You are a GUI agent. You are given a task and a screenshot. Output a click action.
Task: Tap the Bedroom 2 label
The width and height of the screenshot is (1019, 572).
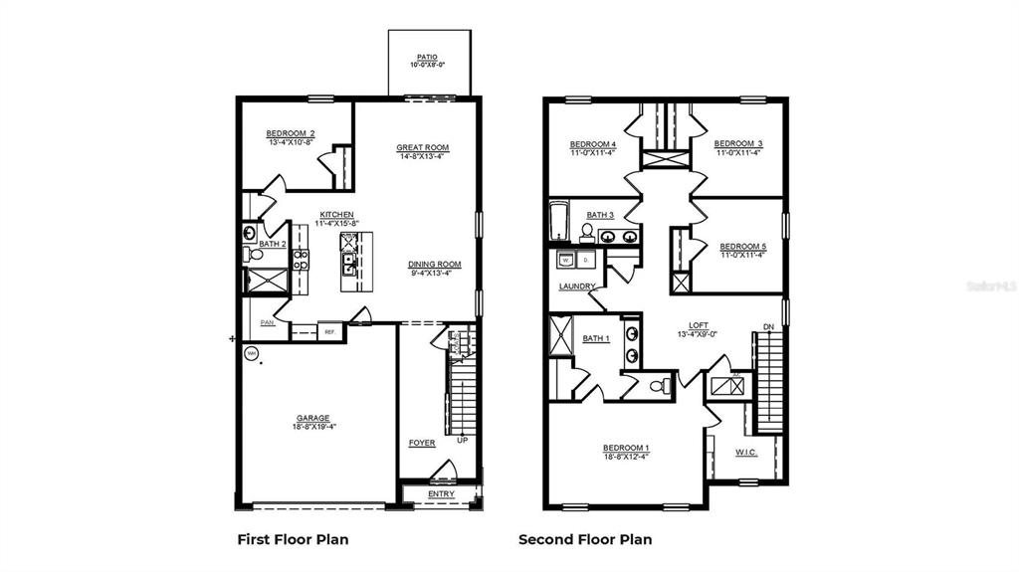click(291, 134)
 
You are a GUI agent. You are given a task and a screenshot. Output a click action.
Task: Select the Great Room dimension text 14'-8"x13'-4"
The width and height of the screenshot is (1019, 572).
click(422, 156)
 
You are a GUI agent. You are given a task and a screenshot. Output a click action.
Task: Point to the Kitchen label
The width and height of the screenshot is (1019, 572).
click(336, 215)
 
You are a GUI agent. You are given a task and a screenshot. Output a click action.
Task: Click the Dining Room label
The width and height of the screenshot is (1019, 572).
click(430, 264)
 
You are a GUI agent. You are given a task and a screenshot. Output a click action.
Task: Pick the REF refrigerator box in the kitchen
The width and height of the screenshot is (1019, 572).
click(329, 332)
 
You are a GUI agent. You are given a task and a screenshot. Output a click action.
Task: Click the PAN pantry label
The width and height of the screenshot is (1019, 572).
click(267, 322)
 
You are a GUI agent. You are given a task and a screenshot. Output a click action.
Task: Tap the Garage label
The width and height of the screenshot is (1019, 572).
click(312, 419)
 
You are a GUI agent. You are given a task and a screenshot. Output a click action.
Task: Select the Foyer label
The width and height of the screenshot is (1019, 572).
click(422, 443)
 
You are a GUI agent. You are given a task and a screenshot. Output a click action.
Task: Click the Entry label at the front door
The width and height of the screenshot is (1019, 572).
click(441, 494)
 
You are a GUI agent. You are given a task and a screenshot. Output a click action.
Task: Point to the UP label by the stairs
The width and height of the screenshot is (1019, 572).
click(462, 439)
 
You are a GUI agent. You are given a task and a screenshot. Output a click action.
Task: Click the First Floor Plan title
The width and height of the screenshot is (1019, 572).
click(293, 540)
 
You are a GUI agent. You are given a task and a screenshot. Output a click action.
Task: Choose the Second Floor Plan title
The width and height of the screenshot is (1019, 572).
click(585, 540)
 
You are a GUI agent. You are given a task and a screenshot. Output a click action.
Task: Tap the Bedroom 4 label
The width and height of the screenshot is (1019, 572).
click(593, 144)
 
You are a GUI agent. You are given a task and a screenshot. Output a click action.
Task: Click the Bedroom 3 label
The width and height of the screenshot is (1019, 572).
click(738, 143)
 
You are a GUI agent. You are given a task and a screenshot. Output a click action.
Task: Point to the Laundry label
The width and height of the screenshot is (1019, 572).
click(577, 286)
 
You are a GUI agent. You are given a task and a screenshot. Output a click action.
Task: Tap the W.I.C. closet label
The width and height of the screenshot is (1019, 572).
click(747, 454)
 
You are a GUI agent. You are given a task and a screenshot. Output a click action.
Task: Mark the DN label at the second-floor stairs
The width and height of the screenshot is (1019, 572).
click(768, 326)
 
